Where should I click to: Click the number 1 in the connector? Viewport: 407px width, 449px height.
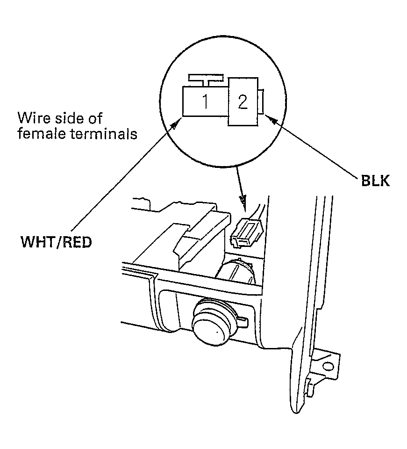(x=205, y=101)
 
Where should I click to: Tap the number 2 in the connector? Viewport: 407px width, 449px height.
(x=243, y=101)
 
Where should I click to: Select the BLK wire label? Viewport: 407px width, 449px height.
(x=375, y=181)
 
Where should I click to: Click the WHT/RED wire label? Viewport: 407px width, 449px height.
(x=57, y=242)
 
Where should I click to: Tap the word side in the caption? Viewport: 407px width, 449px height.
(x=67, y=118)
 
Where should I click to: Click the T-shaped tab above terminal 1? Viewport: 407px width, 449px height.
(x=205, y=80)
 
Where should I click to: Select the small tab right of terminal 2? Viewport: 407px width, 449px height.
(x=261, y=101)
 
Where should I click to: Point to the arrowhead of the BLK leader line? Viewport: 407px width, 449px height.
(x=271, y=120)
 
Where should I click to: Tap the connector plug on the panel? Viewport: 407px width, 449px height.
(x=247, y=231)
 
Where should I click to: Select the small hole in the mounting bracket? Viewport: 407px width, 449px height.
(x=328, y=367)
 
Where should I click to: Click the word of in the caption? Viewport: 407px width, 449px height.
(x=95, y=118)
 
